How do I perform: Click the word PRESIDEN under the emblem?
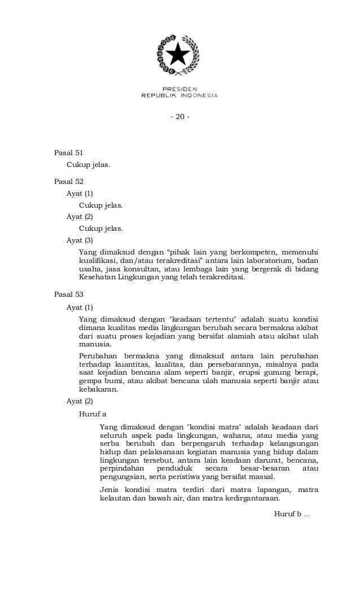point(179,89)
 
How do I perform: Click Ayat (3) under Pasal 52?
point(80,240)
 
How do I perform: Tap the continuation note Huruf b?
point(288,514)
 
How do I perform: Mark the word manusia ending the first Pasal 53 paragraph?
point(95,345)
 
